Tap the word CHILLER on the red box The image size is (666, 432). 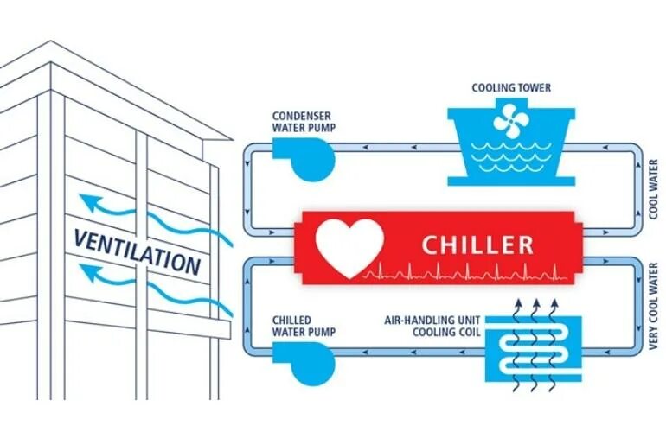coord(477,245)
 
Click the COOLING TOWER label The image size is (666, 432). coord(510,87)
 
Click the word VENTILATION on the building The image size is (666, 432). coord(138,250)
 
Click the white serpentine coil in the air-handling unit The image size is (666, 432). coord(533,353)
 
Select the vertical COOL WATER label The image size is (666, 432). coord(654,189)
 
